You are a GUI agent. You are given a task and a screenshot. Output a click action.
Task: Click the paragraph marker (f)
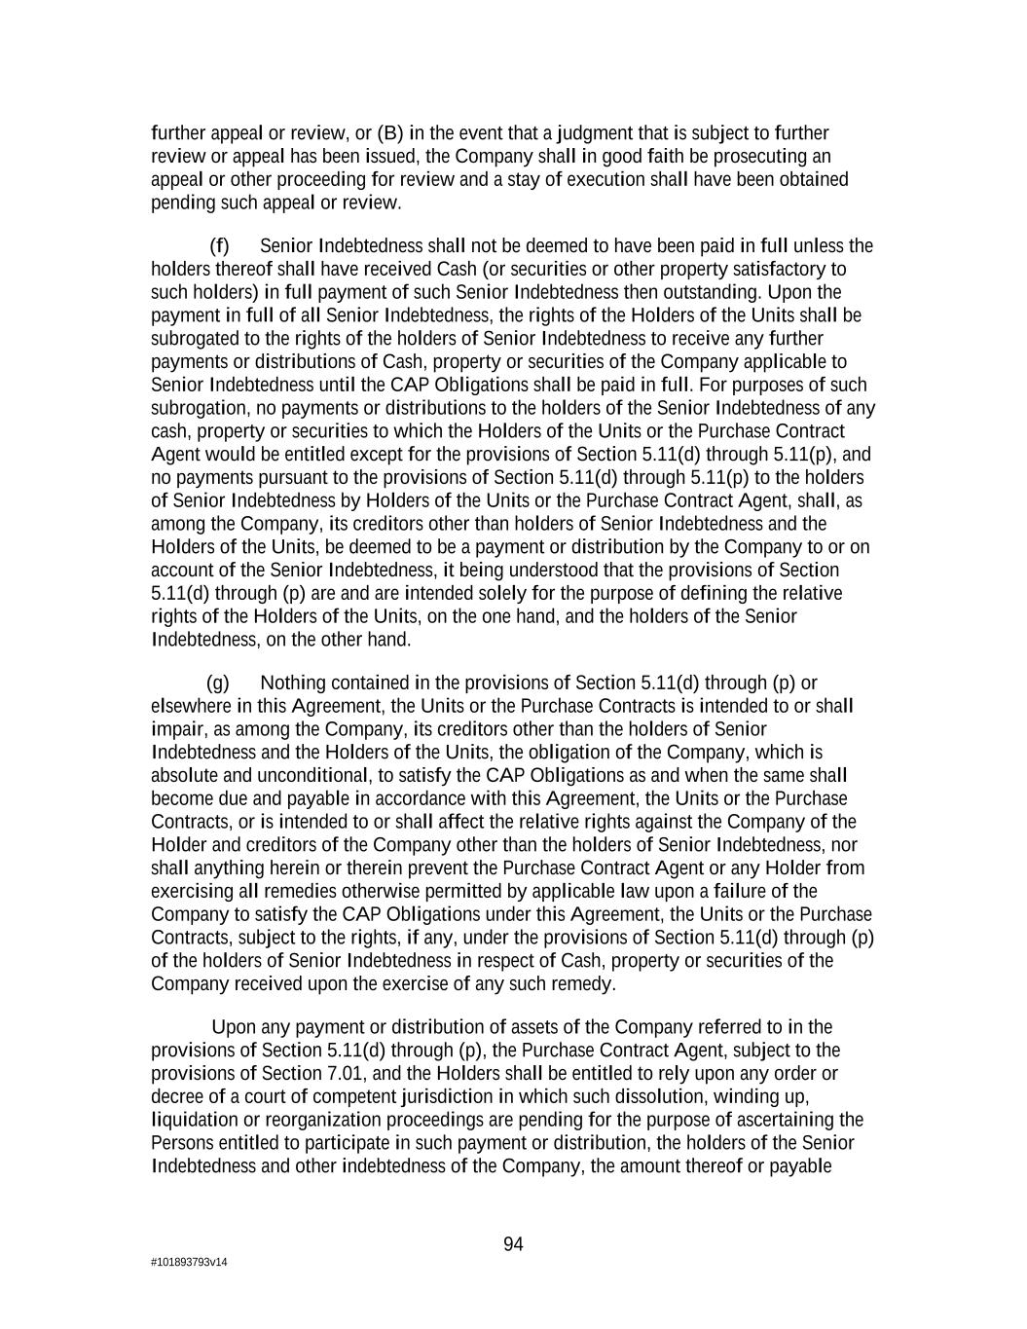(x=219, y=245)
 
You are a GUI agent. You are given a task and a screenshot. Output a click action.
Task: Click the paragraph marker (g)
(x=218, y=683)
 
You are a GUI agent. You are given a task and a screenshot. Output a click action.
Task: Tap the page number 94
(x=513, y=1244)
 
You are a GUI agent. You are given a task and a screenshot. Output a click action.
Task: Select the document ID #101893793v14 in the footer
(x=189, y=1263)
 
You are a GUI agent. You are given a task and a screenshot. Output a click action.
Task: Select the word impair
(x=178, y=729)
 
